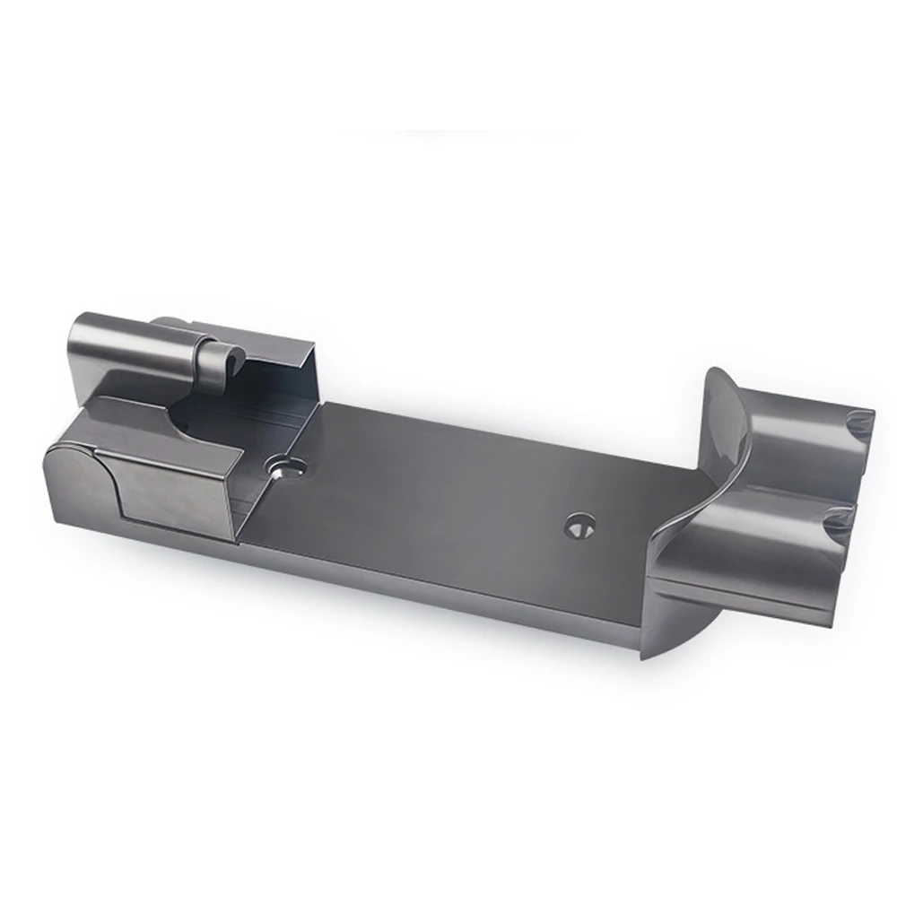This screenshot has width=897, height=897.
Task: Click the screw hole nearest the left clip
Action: [284, 466]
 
